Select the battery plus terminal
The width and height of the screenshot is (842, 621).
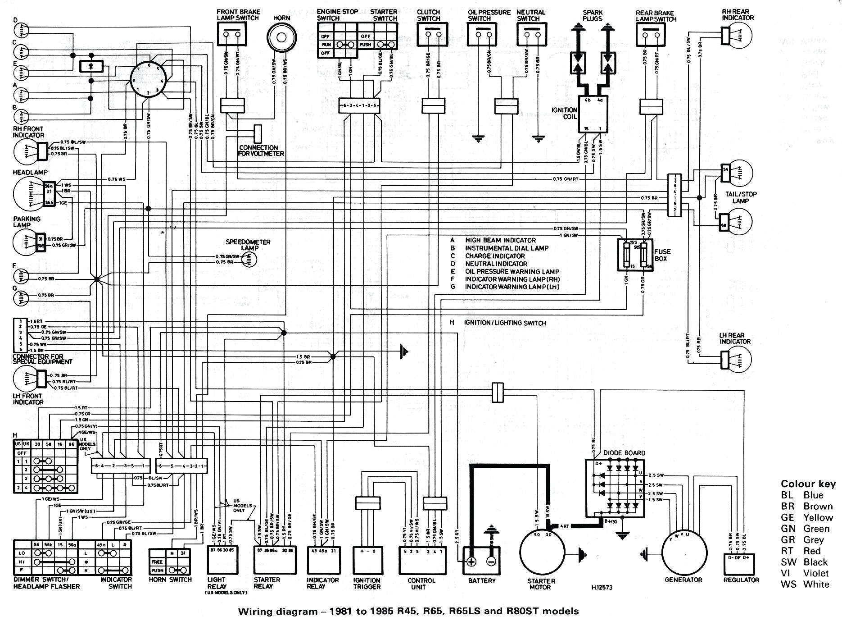tap(471, 561)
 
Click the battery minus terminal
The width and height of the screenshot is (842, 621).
tap(491, 561)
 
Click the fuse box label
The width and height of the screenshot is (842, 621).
tap(662, 255)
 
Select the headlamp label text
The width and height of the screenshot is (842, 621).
tap(30, 172)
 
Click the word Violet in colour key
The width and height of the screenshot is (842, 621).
tap(815, 573)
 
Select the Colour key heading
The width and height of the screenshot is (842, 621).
tap(808, 484)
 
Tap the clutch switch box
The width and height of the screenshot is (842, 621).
tap(432, 34)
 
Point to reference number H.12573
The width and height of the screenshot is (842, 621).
tap(602, 587)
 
